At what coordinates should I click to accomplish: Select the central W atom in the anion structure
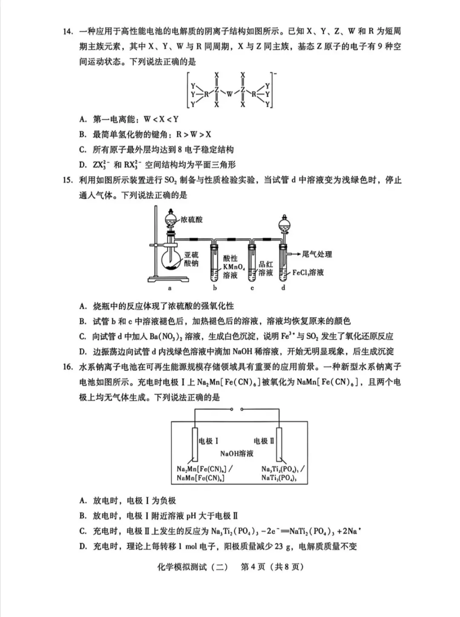(230, 94)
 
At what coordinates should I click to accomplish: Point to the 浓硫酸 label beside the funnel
(191, 220)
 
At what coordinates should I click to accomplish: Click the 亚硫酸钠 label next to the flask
(191, 259)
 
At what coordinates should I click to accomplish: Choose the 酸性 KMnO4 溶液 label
(233, 267)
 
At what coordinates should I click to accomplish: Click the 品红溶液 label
(265, 268)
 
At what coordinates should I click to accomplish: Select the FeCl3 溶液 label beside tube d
(308, 272)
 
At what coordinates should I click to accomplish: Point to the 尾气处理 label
(316, 254)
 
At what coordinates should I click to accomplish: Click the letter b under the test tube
(215, 288)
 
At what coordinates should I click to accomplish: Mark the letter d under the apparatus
(283, 288)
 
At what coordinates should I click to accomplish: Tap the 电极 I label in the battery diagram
(209, 441)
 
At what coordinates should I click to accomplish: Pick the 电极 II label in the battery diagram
(264, 441)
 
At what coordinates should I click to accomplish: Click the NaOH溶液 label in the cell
(237, 454)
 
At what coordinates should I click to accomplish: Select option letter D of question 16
(83, 546)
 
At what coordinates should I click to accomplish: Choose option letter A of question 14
(83, 119)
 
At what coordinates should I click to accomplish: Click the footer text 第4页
(253, 567)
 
